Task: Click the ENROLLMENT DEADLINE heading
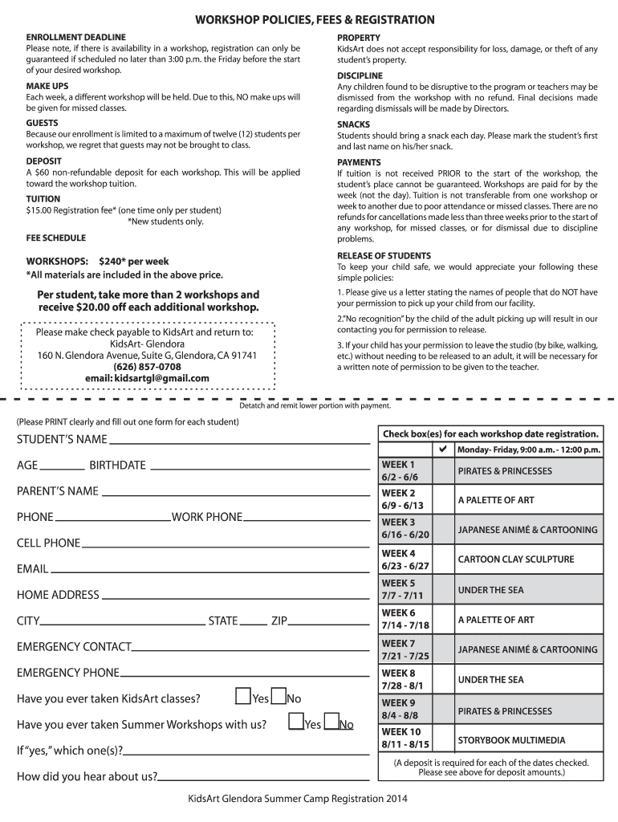75,38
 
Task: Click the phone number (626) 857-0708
147,367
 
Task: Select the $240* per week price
134,262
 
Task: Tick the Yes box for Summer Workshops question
295,723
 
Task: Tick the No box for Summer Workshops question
331,723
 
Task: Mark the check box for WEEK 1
443,470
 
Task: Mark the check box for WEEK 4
443,560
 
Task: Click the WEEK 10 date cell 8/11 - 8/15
406,744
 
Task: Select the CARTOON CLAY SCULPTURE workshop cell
527,560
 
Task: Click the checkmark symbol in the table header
443,450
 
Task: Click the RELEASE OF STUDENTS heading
384,256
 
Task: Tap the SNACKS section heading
353,124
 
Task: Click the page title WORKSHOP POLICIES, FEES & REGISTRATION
309,19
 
